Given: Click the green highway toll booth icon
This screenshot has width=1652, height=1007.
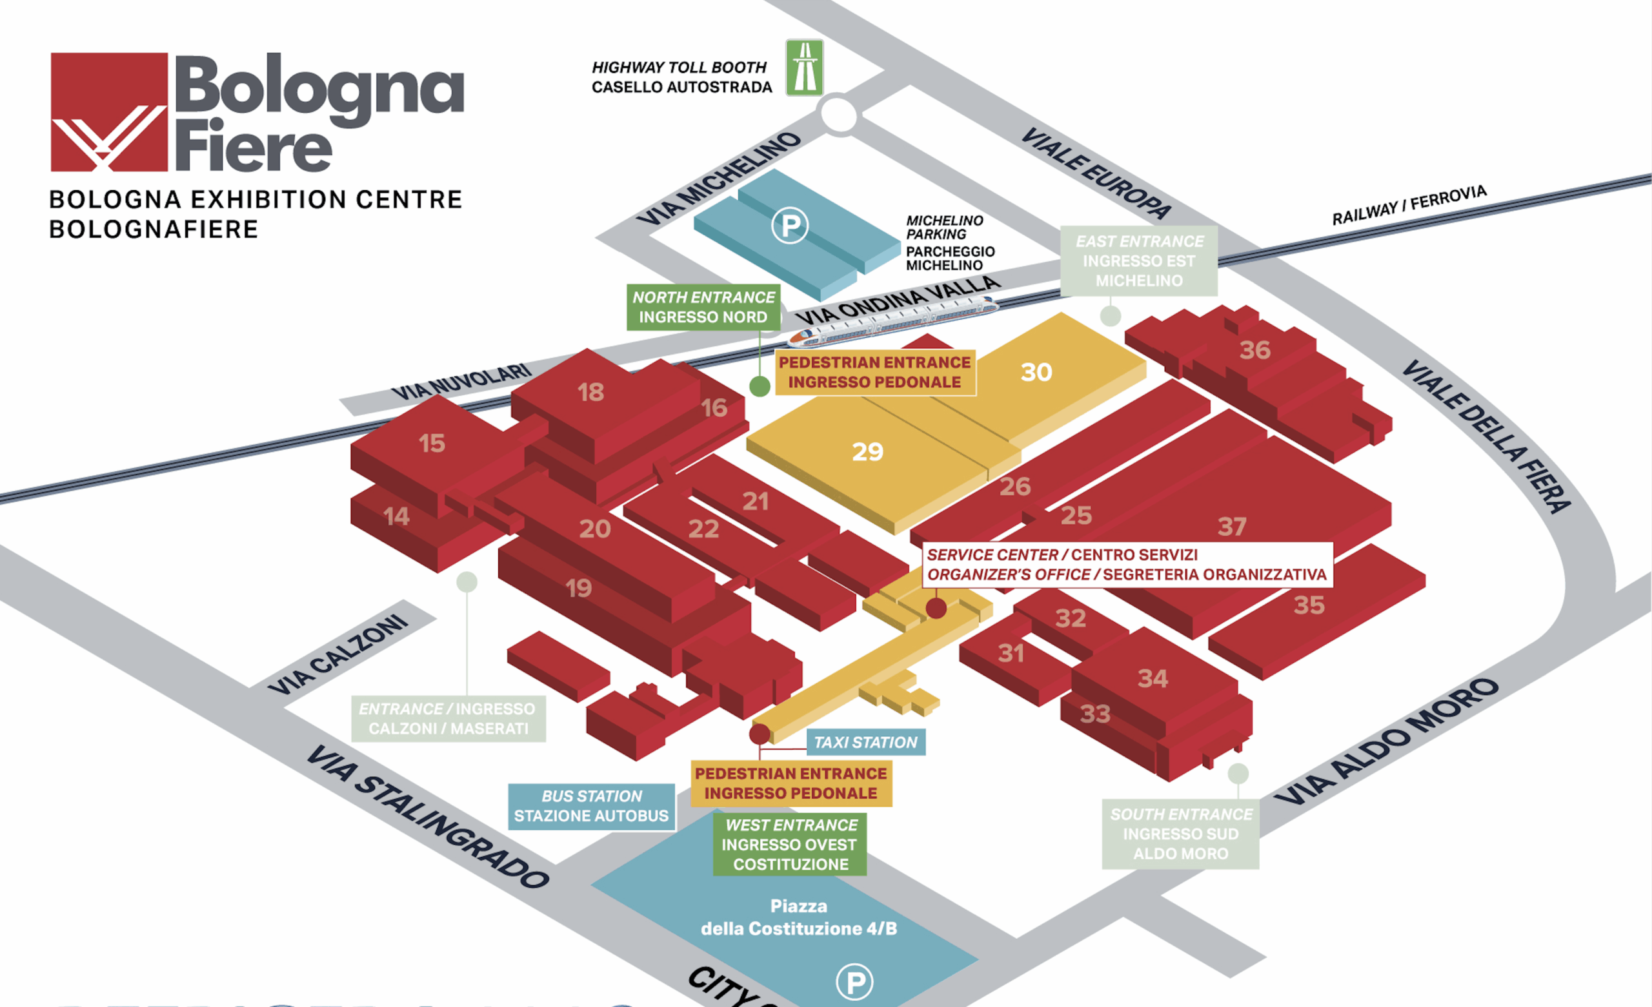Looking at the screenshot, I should (x=804, y=68).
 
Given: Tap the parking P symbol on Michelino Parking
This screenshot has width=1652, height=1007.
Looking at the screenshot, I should (x=790, y=225).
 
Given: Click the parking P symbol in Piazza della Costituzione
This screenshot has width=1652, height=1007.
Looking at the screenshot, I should (x=855, y=983).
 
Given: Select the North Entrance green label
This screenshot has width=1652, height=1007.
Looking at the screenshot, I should (x=703, y=307).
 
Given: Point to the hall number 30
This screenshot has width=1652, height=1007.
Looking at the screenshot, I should (x=1036, y=373).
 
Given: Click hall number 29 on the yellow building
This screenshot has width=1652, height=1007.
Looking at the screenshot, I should (x=867, y=452).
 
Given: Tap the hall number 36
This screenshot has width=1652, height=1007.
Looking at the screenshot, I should (x=1255, y=349).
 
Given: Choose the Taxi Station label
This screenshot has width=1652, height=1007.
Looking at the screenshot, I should (x=865, y=742).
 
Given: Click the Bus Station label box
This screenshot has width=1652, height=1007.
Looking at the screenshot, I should (x=591, y=806).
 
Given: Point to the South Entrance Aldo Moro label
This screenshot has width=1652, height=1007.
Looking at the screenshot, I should (x=1181, y=834).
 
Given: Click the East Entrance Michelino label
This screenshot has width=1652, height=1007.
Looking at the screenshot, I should (x=1138, y=260).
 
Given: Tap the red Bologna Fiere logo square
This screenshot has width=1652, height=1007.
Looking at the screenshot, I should (x=109, y=112).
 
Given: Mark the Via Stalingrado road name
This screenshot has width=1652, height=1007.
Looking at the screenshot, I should (x=427, y=816).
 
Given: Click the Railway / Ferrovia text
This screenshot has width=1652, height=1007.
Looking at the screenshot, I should (x=1409, y=205).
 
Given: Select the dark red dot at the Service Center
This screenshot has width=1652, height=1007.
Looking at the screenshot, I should (x=936, y=609).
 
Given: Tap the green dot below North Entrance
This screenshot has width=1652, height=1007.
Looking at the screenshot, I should (x=759, y=386).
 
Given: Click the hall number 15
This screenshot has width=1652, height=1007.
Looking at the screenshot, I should (x=432, y=443).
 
